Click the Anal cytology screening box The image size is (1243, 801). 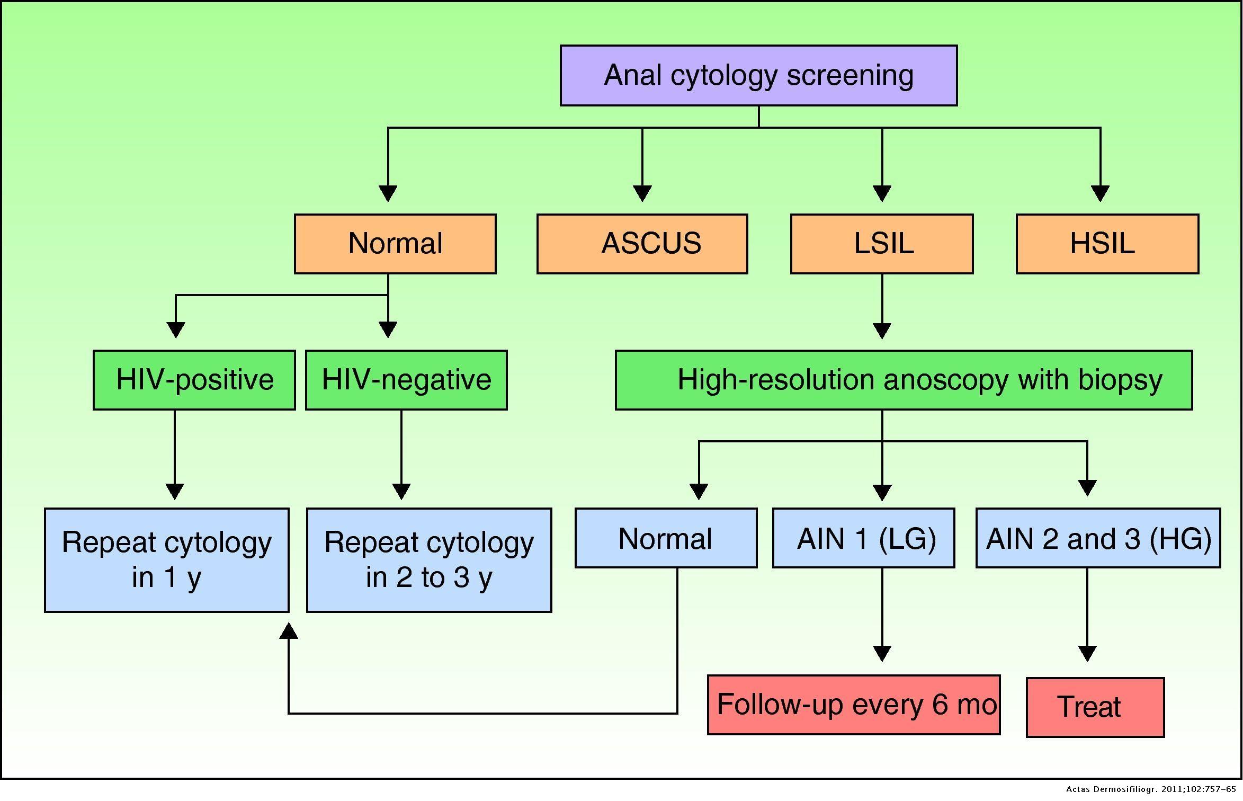758,75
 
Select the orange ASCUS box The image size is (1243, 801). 642,244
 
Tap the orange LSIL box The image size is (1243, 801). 882,244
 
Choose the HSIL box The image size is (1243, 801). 1107,244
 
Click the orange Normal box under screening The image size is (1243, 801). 395,244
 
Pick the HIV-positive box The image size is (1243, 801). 194,380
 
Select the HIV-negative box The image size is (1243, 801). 406,380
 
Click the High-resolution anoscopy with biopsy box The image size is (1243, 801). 904,380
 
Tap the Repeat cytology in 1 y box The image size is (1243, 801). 167,560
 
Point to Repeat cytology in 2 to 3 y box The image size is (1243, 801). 429,560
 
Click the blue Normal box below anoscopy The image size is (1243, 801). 666,538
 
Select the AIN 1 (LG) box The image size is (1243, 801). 863,538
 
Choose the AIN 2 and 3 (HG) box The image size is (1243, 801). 1098,538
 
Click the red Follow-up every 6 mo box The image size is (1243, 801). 854,705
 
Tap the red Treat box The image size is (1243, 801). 1095,707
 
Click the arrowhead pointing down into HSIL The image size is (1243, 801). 1100,193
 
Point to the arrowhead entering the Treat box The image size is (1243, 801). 1087,653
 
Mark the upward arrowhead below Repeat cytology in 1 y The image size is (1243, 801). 289,631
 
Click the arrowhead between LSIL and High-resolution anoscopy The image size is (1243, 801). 882,331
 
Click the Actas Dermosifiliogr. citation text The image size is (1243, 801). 1152,789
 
